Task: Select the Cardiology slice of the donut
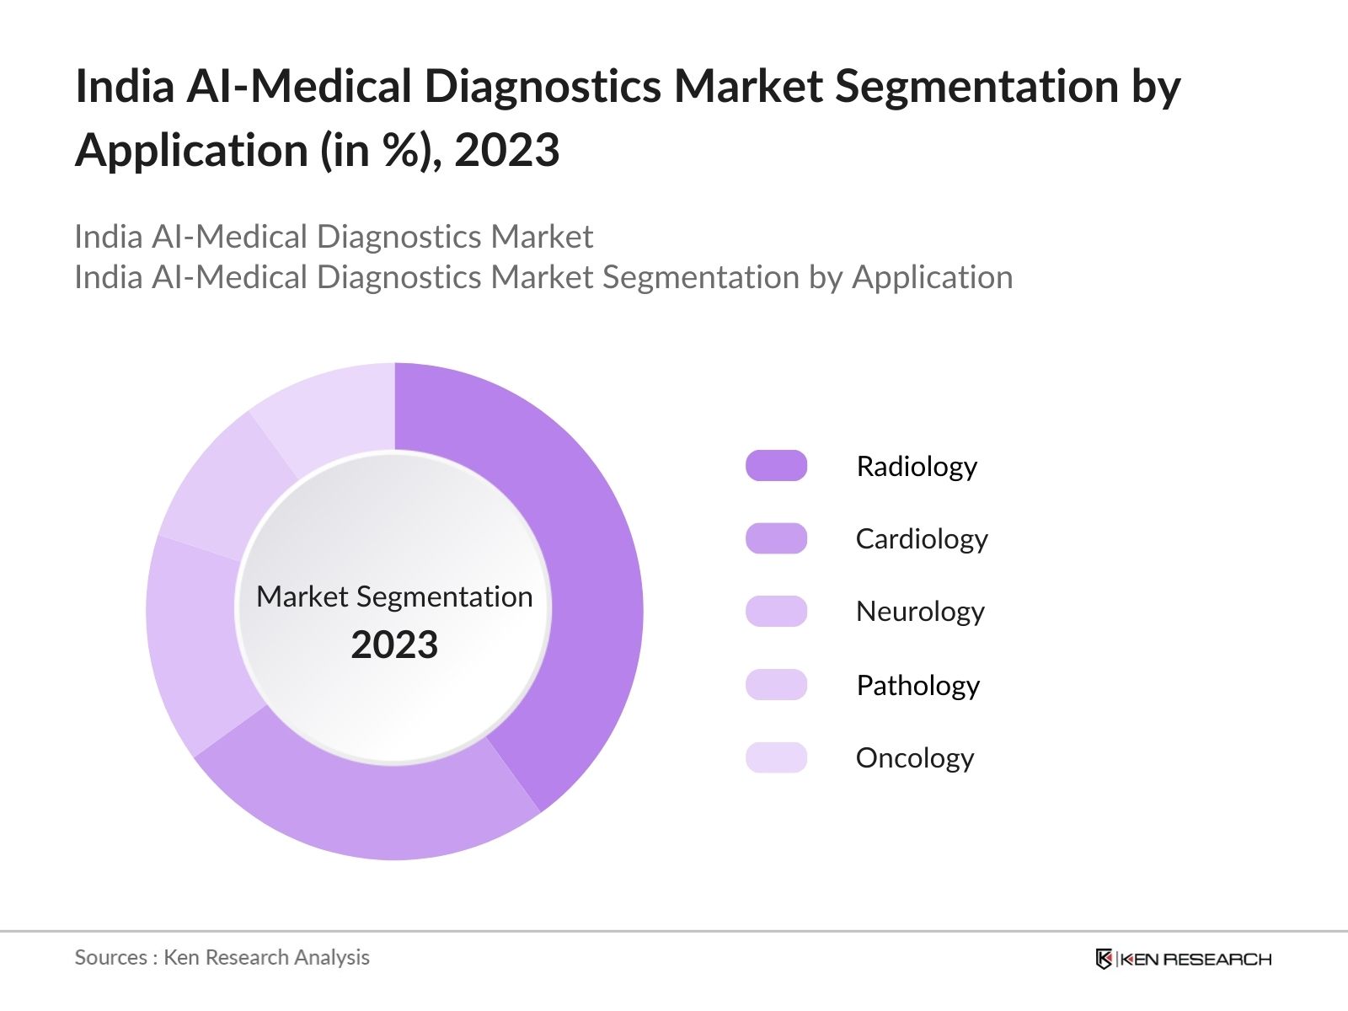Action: pyautogui.click(x=371, y=809)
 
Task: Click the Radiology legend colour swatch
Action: pyautogui.click(x=776, y=466)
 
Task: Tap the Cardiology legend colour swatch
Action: pyautogui.click(x=776, y=538)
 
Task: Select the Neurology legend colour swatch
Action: pyautogui.click(x=776, y=612)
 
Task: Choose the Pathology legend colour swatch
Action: pyautogui.click(x=776, y=685)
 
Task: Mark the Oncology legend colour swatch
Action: pyautogui.click(x=776, y=757)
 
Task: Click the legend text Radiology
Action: pyautogui.click(x=917, y=466)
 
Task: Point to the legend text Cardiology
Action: pyautogui.click(x=922, y=538)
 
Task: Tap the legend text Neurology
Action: pyautogui.click(x=920, y=612)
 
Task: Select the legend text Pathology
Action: pyautogui.click(x=917, y=685)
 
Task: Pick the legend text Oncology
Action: pyautogui.click(x=915, y=757)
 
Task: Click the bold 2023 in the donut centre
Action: pyautogui.click(x=394, y=645)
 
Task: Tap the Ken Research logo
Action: pyautogui.click(x=1183, y=959)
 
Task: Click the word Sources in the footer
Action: pyautogui.click(x=111, y=957)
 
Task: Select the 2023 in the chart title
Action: pyautogui.click(x=506, y=151)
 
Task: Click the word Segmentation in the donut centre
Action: pyautogui.click(x=444, y=596)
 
